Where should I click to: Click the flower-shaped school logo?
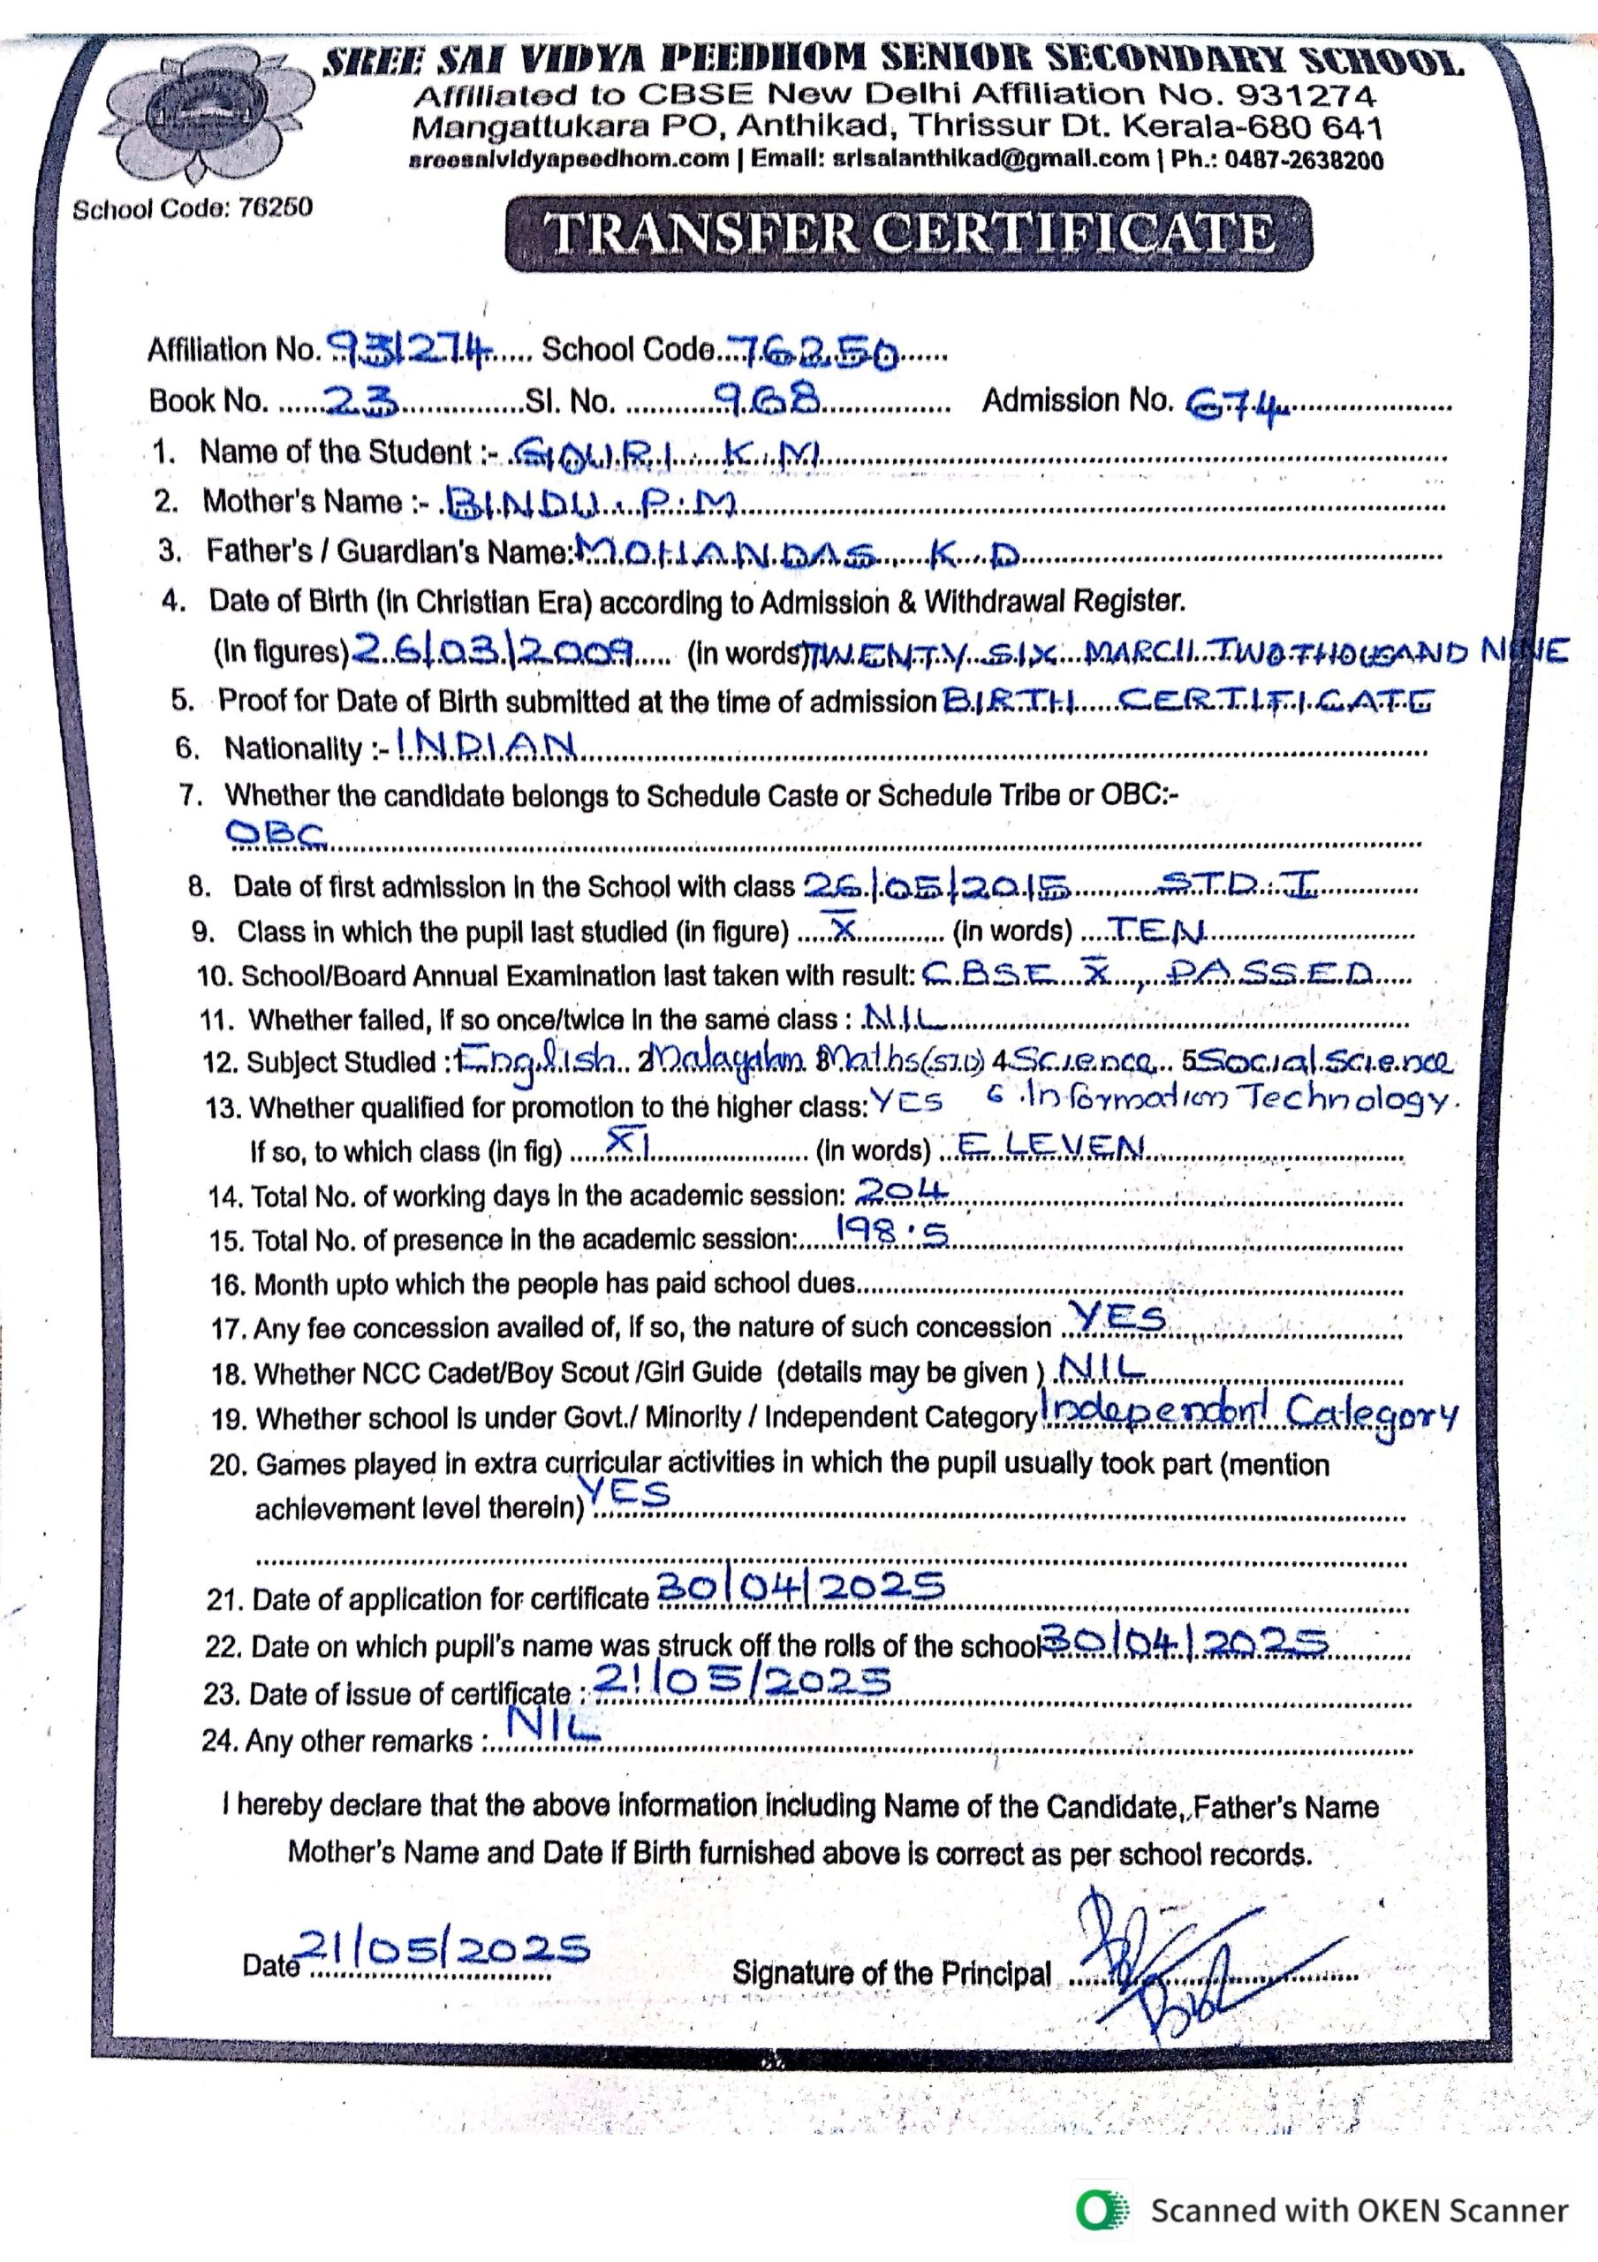207,114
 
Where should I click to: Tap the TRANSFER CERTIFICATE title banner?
907,233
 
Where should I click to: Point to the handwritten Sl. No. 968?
768,398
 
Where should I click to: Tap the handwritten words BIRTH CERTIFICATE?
1187,702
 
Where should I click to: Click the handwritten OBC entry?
275,834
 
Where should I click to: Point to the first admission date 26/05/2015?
937,888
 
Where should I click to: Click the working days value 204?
900,1192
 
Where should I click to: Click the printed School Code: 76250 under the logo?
192,209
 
